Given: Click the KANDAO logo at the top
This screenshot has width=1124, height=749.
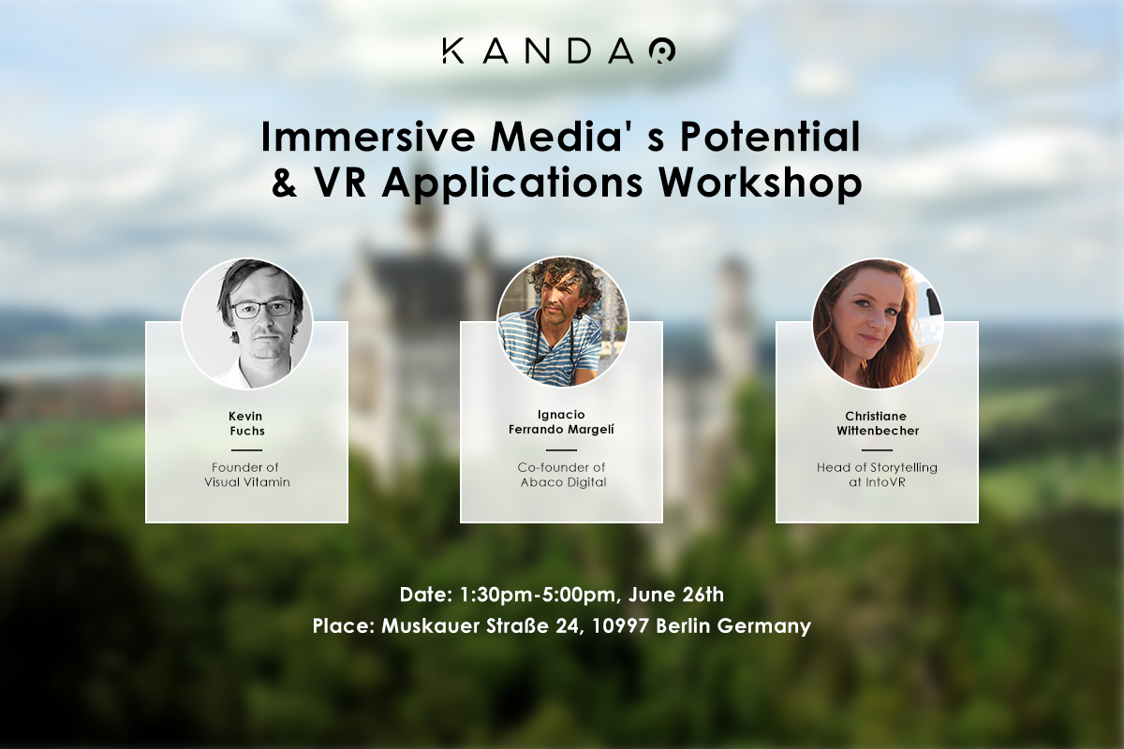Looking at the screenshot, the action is point(559,51).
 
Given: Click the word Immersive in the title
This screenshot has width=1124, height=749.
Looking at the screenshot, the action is point(368,137).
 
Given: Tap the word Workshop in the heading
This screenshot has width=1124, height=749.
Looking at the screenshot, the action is point(761,184).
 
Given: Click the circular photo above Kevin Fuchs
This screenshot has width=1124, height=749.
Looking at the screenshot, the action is point(247,324).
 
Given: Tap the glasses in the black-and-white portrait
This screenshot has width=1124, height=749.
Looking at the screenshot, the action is point(264,308).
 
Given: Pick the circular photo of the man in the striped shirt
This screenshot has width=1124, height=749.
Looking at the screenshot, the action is point(562,322).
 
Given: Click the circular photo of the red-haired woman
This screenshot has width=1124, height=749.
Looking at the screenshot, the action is point(878,324).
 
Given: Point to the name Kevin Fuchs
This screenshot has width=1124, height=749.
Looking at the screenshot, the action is point(246,423).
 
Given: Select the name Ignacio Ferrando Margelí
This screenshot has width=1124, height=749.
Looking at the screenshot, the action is point(561,422).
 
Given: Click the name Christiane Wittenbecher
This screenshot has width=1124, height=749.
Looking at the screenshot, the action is point(878,423).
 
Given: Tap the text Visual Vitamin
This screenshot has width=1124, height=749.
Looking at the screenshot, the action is point(247,482).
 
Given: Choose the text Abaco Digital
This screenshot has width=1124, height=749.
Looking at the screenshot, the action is point(563,482).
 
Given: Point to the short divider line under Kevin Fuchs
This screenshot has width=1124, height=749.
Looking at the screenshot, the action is point(246,450).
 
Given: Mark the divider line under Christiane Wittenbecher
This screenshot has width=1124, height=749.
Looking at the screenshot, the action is point(877,450).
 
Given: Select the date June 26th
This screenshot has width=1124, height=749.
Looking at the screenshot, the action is point(676,595).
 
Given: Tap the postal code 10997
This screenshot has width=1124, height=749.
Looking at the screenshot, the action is point(621,625).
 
